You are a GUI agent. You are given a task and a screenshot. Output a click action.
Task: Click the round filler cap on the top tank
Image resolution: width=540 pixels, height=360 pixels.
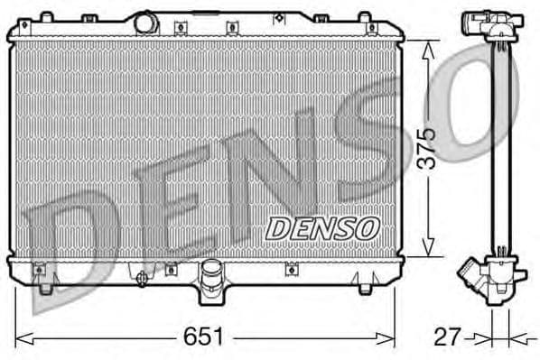coord(144,21)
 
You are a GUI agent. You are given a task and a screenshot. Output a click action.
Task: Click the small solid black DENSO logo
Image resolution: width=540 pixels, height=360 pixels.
coord(321,228)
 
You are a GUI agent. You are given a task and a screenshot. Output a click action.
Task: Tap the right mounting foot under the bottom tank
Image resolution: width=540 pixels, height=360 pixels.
coord(364,288)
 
